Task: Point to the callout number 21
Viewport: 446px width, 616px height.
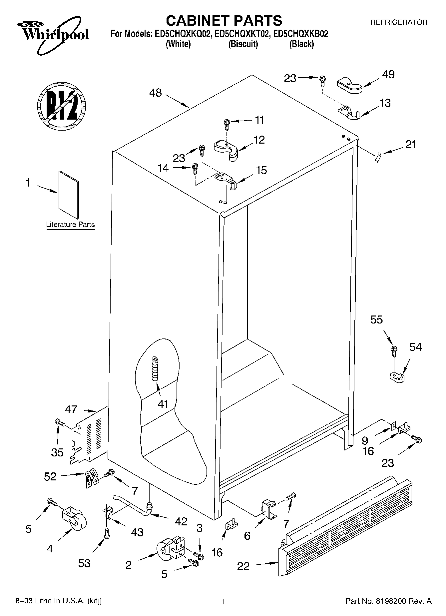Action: click(x=410, y=145)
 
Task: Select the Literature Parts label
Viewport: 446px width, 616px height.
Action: click(x=70, y=225)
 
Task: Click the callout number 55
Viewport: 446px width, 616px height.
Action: click(x=377, y=319)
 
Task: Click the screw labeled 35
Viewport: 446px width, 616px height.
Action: click(x=59, y=422)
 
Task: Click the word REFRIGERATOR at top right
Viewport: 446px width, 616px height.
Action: click(x=399, y=23)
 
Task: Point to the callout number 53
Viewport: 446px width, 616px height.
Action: click(x=84, y=563)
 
